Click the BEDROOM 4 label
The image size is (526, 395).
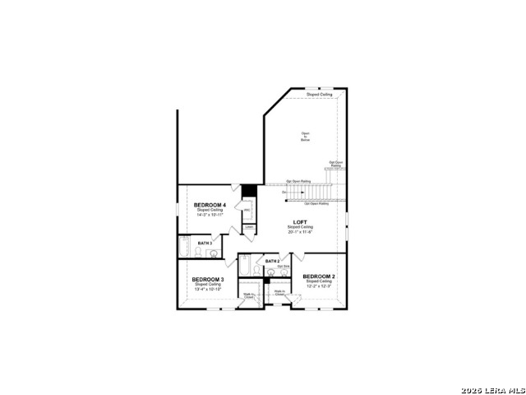(210, 204)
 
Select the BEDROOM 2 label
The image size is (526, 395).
(319, 276)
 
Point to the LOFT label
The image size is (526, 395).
(300, 221)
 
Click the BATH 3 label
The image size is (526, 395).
(205, 244)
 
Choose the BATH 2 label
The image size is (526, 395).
(273, 261)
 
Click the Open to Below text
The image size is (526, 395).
(305, 137)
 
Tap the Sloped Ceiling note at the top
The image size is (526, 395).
(320, 95)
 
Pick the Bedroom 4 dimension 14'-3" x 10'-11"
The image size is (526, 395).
(210, 215)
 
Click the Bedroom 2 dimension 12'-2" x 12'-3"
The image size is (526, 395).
(319, 286)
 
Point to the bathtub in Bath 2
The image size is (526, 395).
(244, 268)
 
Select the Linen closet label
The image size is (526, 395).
(248, 227)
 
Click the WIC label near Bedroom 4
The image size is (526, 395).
(247, 211)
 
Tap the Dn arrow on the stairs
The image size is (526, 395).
(284, 192)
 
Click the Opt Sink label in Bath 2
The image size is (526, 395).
(284, 266)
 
